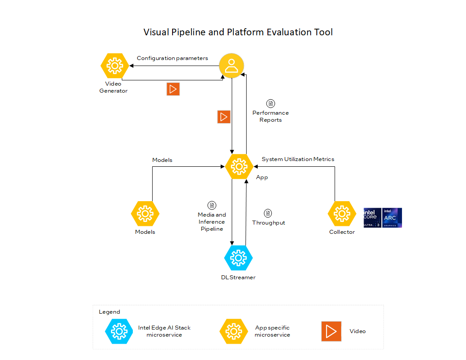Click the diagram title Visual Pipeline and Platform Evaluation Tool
[x=238, y=32]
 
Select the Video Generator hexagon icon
[x=115, y=66]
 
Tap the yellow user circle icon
[x=232, y=66]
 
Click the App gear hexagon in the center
[x=239, y=166]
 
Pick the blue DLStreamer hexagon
[x=238, y=258]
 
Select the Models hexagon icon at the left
[x=145, y=214]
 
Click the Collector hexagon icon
[x=342, y=214]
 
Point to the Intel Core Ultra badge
[x=372, y=217]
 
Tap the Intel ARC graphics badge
[x=392, y=217]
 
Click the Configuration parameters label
[x=172, y=58]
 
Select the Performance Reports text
[x=271, y=116]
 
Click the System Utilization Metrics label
[x=298, y=159]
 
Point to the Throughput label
[x=268, y=223]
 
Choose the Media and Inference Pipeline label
[x=212, y=222]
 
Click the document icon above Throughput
[x=267, y=213]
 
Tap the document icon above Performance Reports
[x=270, y=103]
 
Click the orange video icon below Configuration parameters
[x=173, y=89]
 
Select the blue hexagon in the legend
[x=119, y=331]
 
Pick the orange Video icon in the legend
[x=331, y=331]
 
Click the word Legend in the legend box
[x=109, y=312]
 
